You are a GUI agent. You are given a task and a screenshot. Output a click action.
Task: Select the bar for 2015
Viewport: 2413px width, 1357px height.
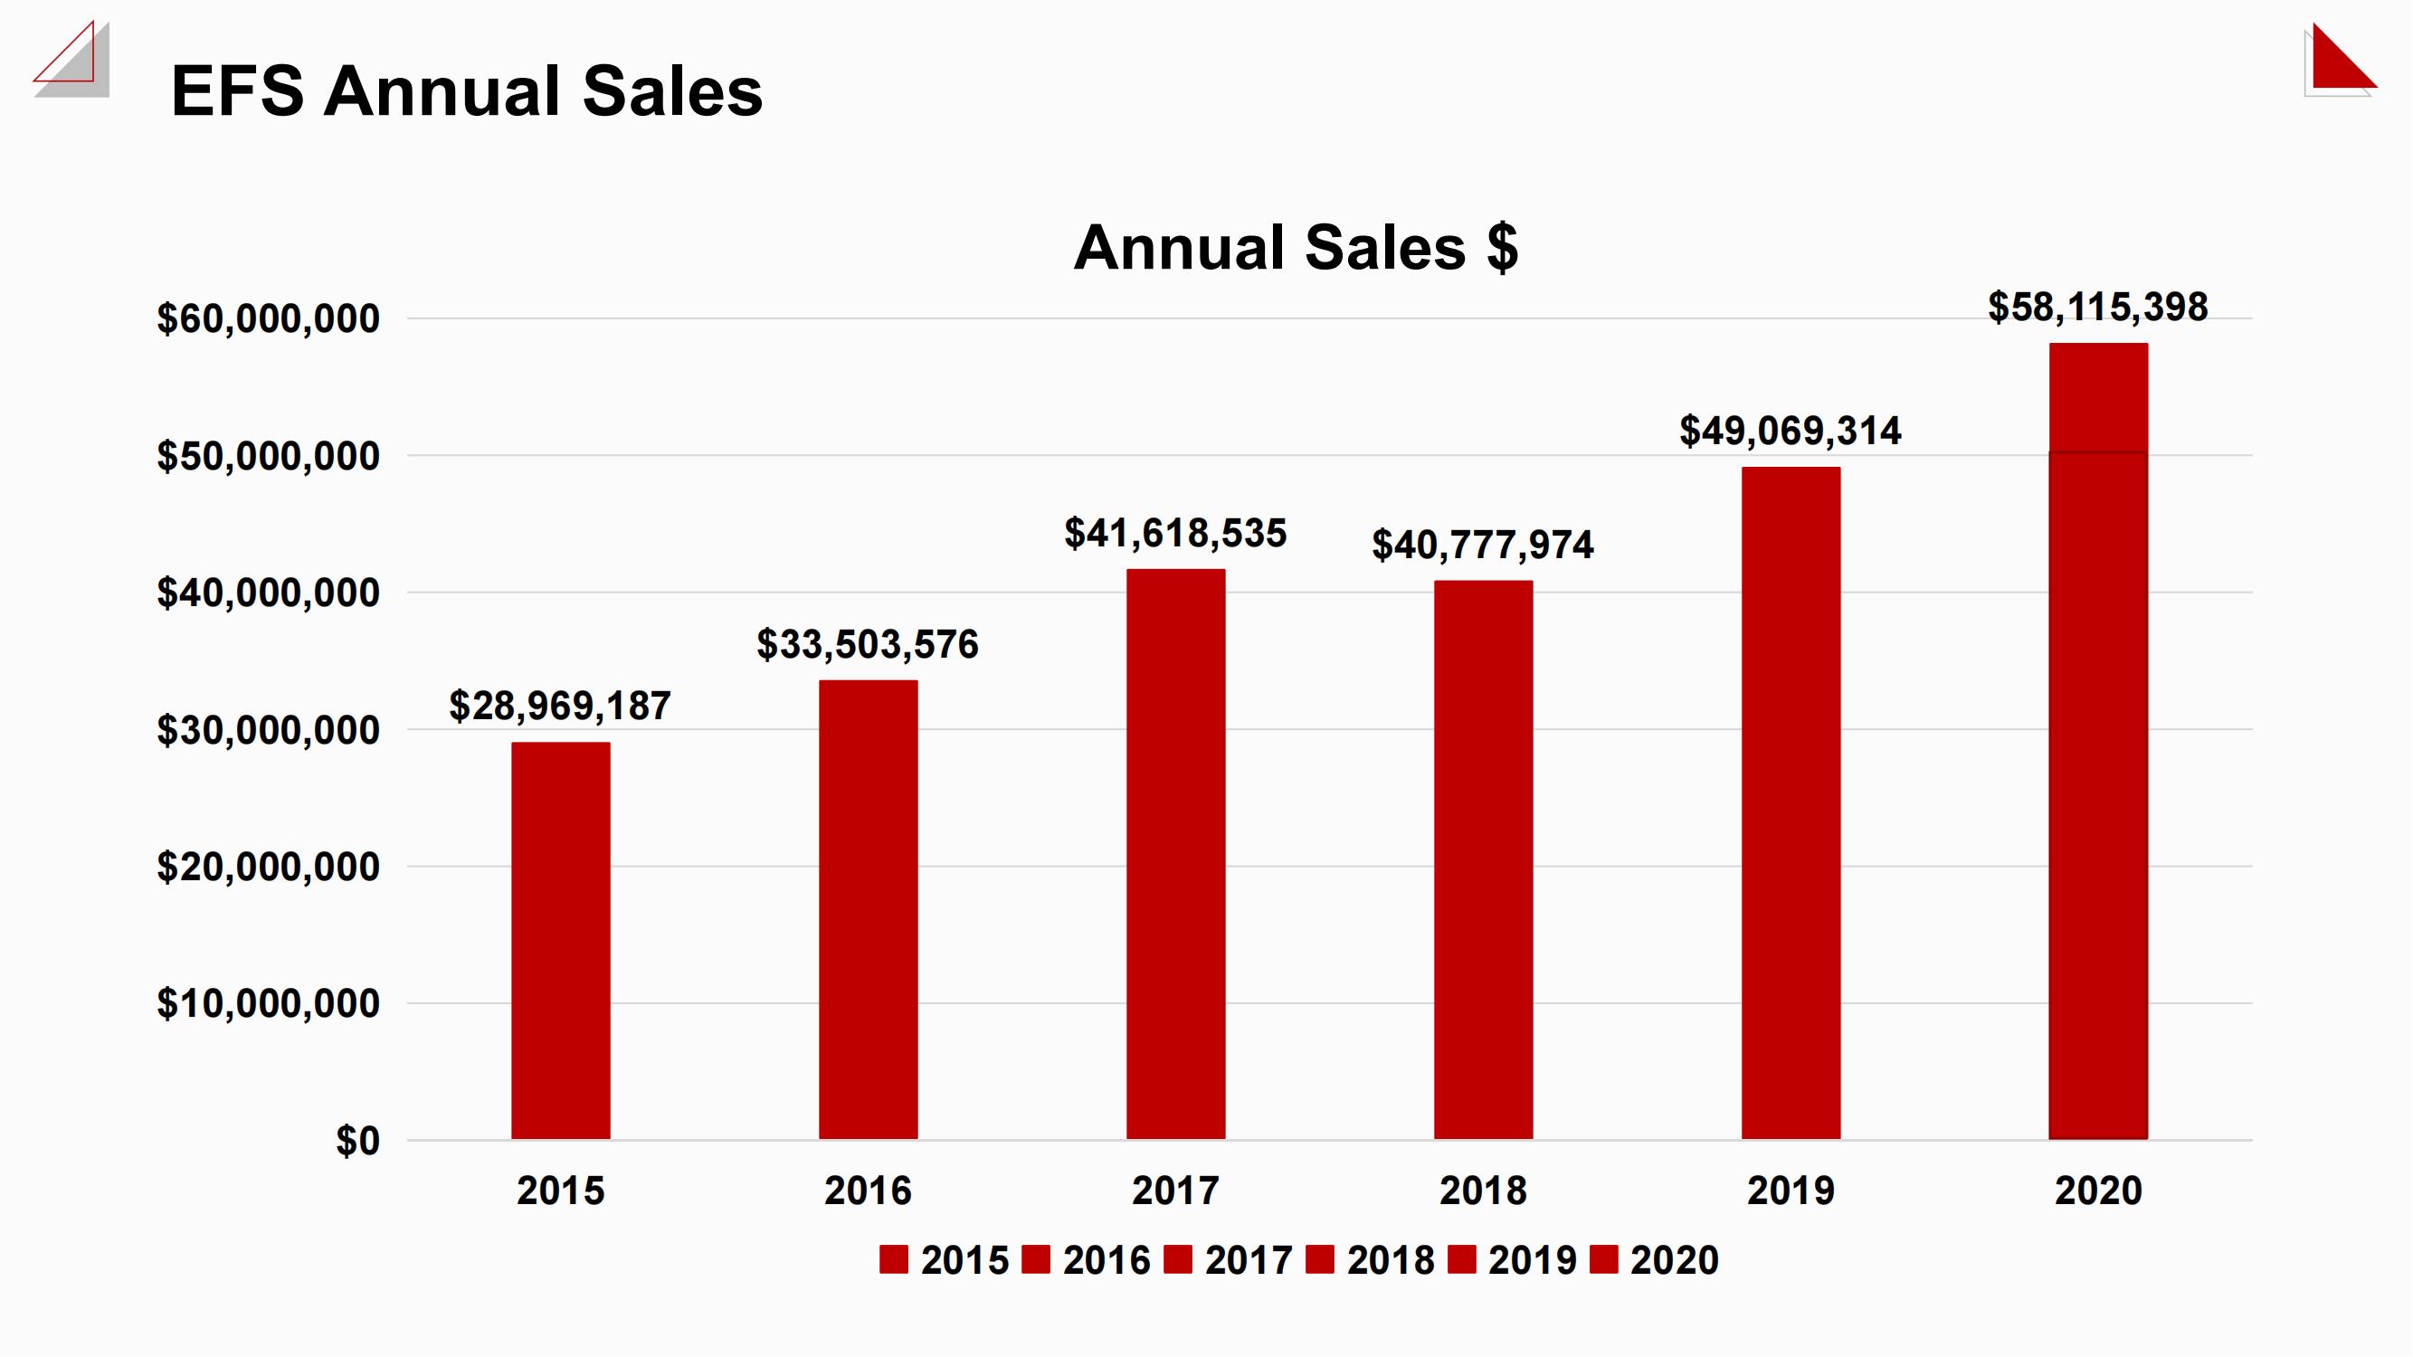(560, 940)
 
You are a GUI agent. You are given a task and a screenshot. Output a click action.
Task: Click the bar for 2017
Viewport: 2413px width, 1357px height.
(1175, 854)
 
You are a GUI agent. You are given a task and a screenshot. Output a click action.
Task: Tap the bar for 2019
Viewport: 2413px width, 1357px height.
(1791, 802)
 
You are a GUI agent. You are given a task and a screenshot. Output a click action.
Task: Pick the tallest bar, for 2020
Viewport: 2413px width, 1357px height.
(2097, 741)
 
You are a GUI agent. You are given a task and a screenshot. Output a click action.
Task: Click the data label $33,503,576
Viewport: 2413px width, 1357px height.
(868, 644)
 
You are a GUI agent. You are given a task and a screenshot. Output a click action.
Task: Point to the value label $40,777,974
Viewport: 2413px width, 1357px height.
(1482, 545)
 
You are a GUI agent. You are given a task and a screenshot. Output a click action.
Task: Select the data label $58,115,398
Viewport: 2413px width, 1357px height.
(2097, 308)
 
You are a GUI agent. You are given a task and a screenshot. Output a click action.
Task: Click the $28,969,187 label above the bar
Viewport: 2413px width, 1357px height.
(560, 707)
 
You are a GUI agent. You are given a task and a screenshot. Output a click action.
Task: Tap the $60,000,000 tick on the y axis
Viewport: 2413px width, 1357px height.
(268, 318)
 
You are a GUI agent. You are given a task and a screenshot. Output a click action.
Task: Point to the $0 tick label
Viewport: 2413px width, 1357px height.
(356, 1141)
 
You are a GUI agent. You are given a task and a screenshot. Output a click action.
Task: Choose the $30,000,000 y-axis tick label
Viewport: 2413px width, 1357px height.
(268, 729)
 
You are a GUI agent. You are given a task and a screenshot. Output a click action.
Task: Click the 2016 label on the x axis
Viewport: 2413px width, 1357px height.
(868, 1191)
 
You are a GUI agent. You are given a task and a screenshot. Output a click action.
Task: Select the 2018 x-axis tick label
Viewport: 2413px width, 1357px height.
(1482, 1191)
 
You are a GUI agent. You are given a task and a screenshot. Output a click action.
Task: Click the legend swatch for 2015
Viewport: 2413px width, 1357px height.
(894, 1259)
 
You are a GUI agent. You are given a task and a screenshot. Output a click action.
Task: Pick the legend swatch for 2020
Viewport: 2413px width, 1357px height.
(1603, 1259)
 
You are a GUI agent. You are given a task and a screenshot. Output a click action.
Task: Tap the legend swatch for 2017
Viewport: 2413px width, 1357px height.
(1177, 1259)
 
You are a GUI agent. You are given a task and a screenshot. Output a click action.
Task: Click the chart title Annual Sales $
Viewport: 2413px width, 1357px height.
(1296, 247)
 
